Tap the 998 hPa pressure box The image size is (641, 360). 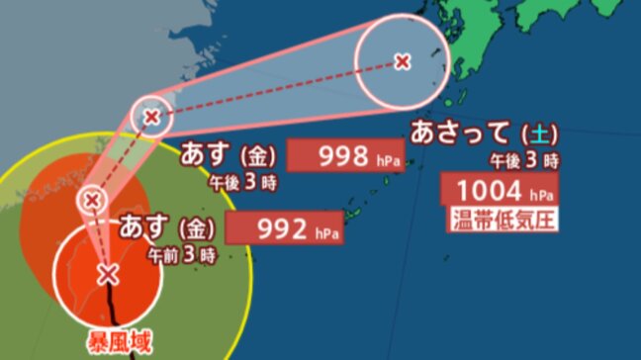point(344,156)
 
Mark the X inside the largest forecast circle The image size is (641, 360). point(402,61)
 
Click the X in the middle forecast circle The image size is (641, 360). point(150,118)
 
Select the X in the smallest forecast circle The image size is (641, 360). point(93,201)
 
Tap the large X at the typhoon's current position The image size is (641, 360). point(108,272)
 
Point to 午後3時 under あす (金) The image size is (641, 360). point(240,182)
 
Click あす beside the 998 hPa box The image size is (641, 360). point(204,155)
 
